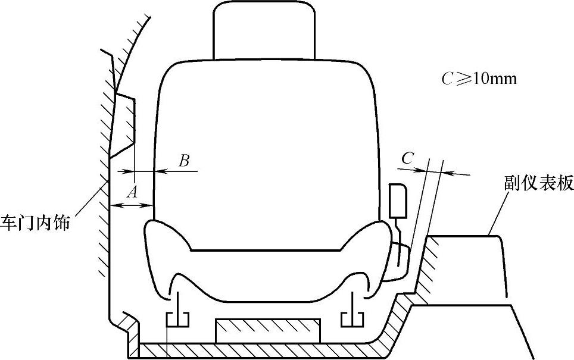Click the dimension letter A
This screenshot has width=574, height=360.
[x=133, y=191]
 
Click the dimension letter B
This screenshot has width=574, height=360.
[x=184, y=161]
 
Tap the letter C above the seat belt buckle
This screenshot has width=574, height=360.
[x=408, y=158]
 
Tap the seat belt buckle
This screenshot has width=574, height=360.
[x=398, y=201]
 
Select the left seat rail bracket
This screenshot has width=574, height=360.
[x=177, y=318]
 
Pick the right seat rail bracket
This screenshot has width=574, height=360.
[x=351, y=318]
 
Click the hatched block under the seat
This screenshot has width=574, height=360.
[x=267, y=331]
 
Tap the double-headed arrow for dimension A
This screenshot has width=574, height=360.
[x=133, y=205]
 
